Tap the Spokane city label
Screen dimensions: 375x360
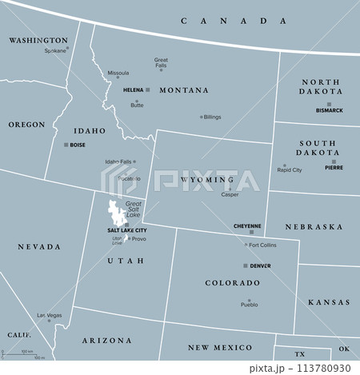pyautogui.click(x=55, y=50)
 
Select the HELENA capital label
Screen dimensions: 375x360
pyautogui.click(x=133, y=90)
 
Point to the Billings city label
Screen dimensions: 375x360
pyautogui.click(x=212, y=117)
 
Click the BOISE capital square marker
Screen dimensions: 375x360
pyautogui.click(x=66, y=145)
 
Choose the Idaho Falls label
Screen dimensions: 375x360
pyautogui.click(x=118, y=162)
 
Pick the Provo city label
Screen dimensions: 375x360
pyautogui.click(x=138, y=239)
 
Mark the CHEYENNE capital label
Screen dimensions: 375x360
pyautogui.click(x=247, y=226)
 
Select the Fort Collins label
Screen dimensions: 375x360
pyautogui.click(x=262, y=245)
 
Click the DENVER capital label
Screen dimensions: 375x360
pyautogui.click(x=260, y=265)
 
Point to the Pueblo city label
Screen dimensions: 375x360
pyautogui.click(x=249, y=305)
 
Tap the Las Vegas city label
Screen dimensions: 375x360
pyautogui.click(x=49, y=315)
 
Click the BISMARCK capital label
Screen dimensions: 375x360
pyautogui.click(x=329, y=110)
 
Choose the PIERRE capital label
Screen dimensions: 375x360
pyautogui.click(x=334, y=168)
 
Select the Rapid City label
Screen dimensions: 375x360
pyautogui.click(x=289, y=170)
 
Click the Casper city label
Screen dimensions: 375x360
pyautogui.click(x=230, y=194)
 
